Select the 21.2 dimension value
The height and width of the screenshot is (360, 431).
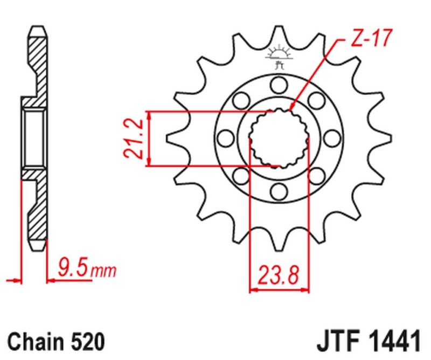[x=133, y=139]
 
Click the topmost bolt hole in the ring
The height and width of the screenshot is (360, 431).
[x=279, y=84]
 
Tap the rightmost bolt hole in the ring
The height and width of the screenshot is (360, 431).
[x=332, y=138]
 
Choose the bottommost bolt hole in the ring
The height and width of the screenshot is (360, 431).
[x=279, y=191]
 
